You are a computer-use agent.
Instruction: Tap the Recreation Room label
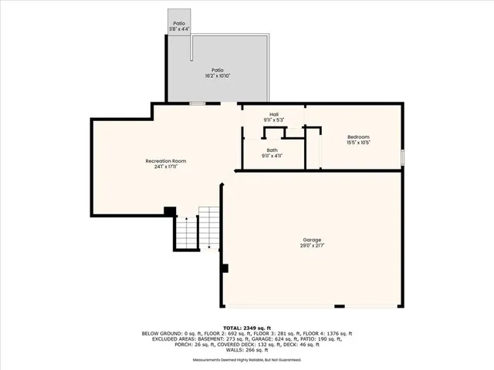pos(166,160)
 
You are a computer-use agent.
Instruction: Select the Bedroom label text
pos(359,136)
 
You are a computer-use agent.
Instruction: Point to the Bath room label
pos(272,150)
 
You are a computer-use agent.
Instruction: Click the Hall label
pos(273,114)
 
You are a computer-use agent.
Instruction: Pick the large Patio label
pos(219,70)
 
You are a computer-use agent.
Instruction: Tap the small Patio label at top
pos(179,24)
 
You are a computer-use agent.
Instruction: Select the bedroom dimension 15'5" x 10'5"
pos(359,143)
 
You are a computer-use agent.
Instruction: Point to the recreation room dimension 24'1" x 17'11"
pos(166,166)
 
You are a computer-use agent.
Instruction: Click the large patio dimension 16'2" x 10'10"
pos(219,76)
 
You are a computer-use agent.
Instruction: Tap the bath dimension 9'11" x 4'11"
pos(272,156)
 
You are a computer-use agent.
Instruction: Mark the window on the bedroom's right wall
pos(401,156)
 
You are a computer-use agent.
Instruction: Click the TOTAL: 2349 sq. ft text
pos(247,328)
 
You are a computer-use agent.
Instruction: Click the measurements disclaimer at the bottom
pos(247,360)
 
